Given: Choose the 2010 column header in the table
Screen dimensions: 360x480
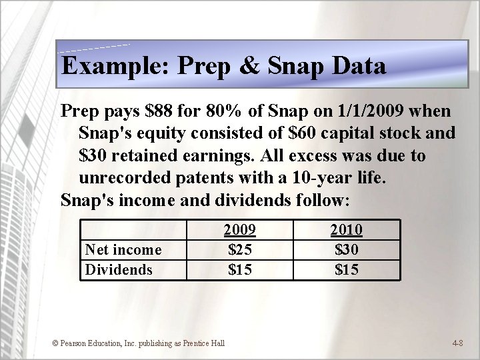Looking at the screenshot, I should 347,230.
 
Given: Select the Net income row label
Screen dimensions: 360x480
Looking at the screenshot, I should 123,249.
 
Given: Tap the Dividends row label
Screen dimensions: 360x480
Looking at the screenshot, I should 118,269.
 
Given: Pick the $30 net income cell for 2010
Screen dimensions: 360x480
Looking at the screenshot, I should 347,249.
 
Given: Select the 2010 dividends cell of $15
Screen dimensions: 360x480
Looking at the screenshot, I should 347,269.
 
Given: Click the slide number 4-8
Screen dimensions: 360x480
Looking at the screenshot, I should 458,343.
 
